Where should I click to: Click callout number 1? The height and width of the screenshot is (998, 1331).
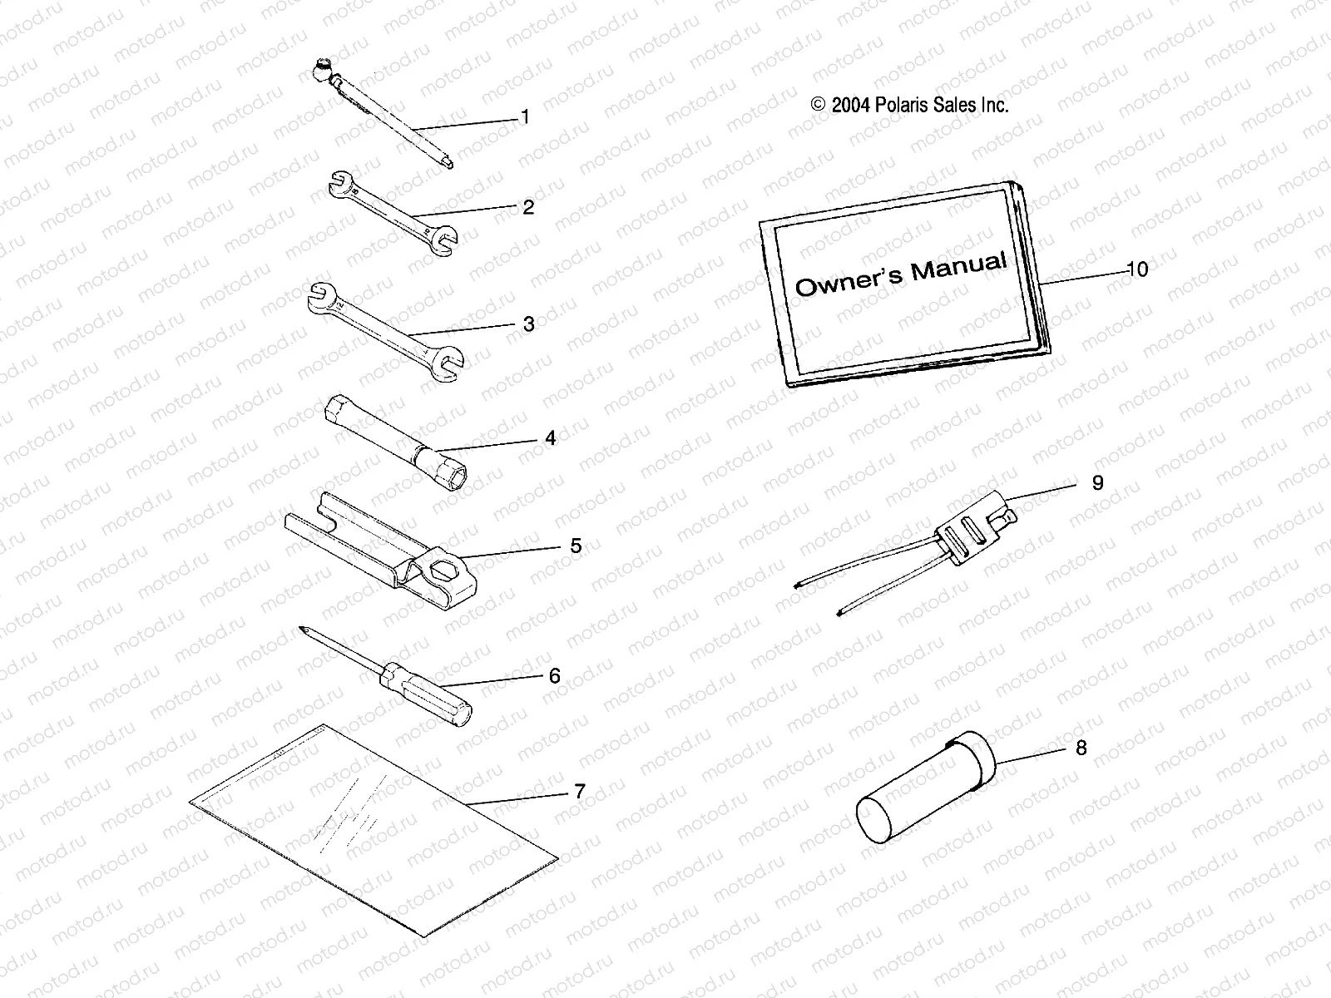click(524, 117)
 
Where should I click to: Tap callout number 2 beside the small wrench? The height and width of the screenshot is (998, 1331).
click(528, 207)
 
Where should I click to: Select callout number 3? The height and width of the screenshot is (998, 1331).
click(528, 324)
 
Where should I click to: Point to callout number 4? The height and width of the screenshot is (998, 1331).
click(550, 438)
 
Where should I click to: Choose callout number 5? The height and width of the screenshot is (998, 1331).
click(575, 546)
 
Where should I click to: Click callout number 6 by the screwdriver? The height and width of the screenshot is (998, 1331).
click(555, 675)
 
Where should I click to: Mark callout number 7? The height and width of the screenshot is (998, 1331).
click(580, 791)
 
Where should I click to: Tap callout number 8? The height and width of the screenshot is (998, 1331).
click(1081, 748)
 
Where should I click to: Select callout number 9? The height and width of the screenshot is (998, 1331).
click(1097, 483)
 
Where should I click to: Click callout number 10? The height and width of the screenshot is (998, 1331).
click(1137, 269)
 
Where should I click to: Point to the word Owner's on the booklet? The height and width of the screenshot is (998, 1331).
click(848, 282)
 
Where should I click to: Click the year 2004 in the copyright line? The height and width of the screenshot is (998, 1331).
click(849, 106)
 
